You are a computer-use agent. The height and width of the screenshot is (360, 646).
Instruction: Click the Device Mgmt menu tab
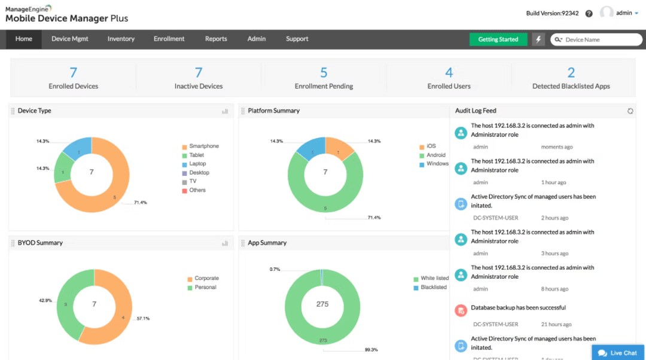(x=70, y=39)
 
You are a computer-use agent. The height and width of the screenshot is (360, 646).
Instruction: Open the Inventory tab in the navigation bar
(x=121, y=39)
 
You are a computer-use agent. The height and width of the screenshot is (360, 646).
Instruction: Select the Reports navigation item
(x=216, y=39)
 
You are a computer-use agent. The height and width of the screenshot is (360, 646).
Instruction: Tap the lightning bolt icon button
(x=538, y=39)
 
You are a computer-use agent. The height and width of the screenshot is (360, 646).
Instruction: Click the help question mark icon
(x=589, y=13)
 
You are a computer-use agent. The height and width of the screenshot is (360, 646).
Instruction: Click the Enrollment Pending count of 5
(x=324, y=73)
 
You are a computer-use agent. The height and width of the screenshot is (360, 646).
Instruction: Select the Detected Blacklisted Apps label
(x=571, y=86)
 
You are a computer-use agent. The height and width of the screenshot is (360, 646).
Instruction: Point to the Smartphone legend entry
(x=203, y=147)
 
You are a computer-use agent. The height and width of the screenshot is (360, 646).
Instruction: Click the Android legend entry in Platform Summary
(x=435, y=155)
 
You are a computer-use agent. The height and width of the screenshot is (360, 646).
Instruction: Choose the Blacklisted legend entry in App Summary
(x=433, y=288)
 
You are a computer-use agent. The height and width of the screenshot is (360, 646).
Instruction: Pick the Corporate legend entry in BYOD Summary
(x=206, y=279)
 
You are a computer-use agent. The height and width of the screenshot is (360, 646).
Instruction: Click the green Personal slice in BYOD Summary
(x=67, y=311)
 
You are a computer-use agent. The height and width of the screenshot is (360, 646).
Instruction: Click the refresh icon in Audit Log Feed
(x=630, y=111)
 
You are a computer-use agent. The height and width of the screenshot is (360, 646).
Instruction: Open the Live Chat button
(x=618, y=353)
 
